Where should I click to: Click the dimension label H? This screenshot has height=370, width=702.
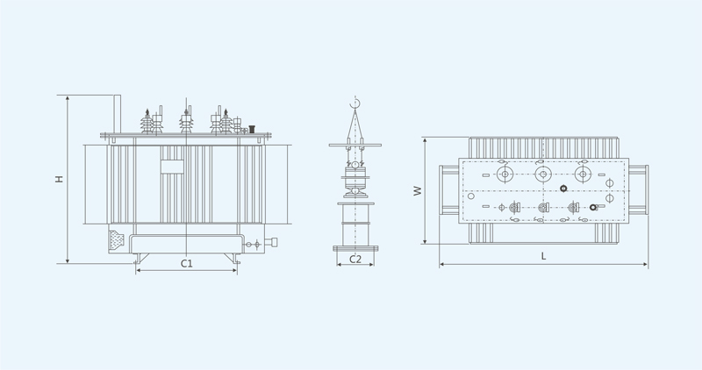tap(59, 179)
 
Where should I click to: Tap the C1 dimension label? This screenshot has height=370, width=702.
tap(187, 264)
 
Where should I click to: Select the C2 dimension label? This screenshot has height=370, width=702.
tap(355, 259)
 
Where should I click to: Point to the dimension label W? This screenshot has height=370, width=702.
tap(418, 190)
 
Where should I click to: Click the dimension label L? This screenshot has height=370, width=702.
tap(543, 256)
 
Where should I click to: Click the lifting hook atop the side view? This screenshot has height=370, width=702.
tap(355, 104)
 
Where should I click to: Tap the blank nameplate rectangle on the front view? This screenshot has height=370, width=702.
tap(172, 167)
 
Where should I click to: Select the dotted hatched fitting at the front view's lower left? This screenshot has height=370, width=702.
tap(117, 240)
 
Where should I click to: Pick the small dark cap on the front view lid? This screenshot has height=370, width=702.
tap(252, 128)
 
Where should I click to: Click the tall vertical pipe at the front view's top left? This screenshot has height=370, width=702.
tap(118, 114)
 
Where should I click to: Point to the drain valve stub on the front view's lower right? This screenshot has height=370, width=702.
tap(272, 243)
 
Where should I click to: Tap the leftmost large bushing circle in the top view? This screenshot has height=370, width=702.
tap(505, 174)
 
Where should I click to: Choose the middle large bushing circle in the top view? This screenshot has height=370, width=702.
tap(543, 174)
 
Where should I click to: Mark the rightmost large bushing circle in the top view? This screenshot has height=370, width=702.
tap(583, 174)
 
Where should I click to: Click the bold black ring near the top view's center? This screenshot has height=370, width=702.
tap(563, 189)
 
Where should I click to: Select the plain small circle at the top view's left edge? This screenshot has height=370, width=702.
tap(471, 196)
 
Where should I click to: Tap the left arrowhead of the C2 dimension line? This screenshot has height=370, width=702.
tap(339, 265)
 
